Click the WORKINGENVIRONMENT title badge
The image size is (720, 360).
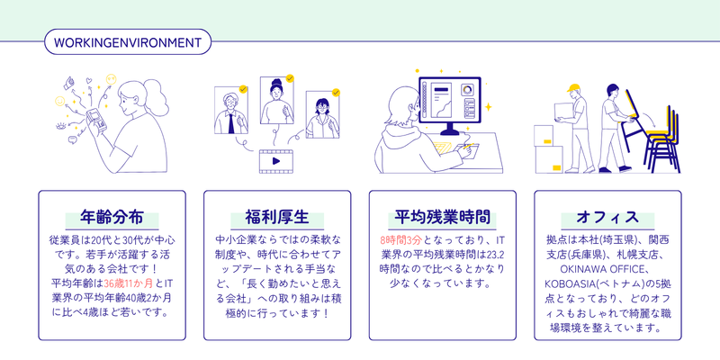click(x=127, y=42)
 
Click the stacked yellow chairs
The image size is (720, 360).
click(x=662, y=135)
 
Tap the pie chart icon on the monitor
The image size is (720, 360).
click(x=467, y=89)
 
